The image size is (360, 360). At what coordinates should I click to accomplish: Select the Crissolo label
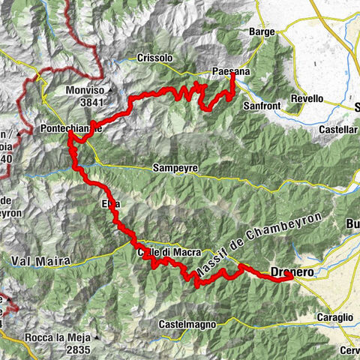tap(155, 58)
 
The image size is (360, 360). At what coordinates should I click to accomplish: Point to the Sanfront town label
tap(262, 106)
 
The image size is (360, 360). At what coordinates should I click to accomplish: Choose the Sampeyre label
tap(174, 169)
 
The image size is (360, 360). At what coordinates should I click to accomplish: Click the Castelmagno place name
tap(188, 324)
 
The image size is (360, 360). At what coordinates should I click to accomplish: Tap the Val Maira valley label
tap(40, 260)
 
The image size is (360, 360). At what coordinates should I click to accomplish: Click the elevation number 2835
tap(77, 349)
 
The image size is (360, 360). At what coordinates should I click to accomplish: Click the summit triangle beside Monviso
tap(110, 89)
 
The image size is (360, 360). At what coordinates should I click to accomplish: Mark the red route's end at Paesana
tap(233, 75)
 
